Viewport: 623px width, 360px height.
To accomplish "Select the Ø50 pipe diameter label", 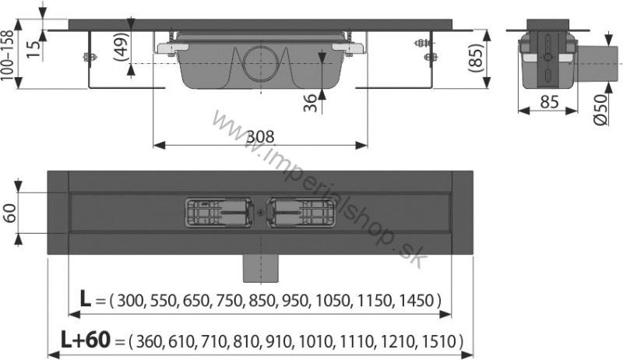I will point(599,109).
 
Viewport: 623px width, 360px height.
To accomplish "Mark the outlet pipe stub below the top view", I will point(260,270).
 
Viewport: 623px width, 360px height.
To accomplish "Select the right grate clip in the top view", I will point(301,212).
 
